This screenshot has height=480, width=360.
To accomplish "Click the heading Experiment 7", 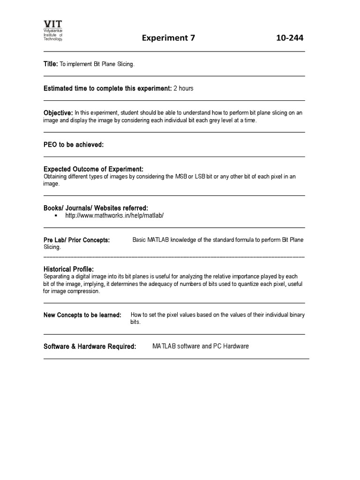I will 168,38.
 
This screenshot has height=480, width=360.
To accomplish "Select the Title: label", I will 51,64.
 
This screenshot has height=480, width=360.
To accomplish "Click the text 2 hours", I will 183,88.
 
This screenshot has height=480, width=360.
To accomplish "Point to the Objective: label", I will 58,113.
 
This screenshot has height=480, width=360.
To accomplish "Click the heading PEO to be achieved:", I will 74,145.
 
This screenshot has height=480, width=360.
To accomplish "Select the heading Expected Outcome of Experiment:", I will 93,169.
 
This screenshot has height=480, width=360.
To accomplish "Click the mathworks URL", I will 114,216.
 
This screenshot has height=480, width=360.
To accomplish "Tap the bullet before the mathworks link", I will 56,216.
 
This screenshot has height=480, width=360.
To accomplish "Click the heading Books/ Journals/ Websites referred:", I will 96,208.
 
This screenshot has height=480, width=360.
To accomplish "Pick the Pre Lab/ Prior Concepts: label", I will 76,240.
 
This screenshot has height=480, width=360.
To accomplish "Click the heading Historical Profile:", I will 68,270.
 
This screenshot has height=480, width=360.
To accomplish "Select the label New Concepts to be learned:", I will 82,315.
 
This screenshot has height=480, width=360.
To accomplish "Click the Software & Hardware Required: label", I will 90,346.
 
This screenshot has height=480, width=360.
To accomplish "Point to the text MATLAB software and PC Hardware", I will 201,346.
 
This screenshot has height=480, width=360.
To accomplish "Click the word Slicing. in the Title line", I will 125,64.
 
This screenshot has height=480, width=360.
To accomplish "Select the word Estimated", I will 59,88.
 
